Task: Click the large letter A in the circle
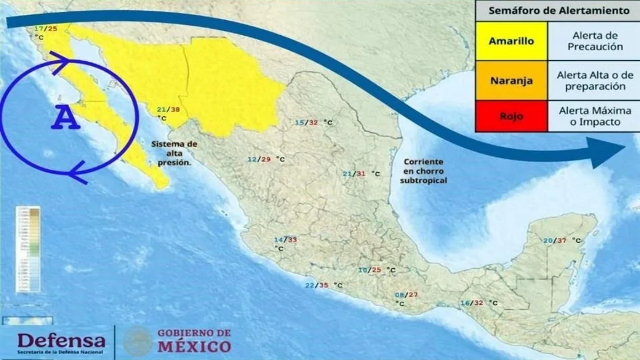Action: pos(66,118)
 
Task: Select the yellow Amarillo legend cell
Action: pos(511,41)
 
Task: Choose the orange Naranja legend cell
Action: pos(511,81)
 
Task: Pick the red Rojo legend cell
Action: pos(511,116)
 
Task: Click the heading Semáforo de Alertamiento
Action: pos(557,11)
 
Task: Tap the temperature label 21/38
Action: pos(168,109)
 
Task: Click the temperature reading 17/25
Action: pos(45,28)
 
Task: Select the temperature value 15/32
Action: pos(306,123)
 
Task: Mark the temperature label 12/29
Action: pos(259,159)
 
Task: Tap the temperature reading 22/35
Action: pos(316,285)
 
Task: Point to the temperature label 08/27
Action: pos(406,295)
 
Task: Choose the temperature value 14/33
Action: pos(285,240)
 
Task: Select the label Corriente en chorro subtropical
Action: pos(424,171)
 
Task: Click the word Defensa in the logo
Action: pos(61,339)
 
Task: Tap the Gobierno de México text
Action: pos(194,340)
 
